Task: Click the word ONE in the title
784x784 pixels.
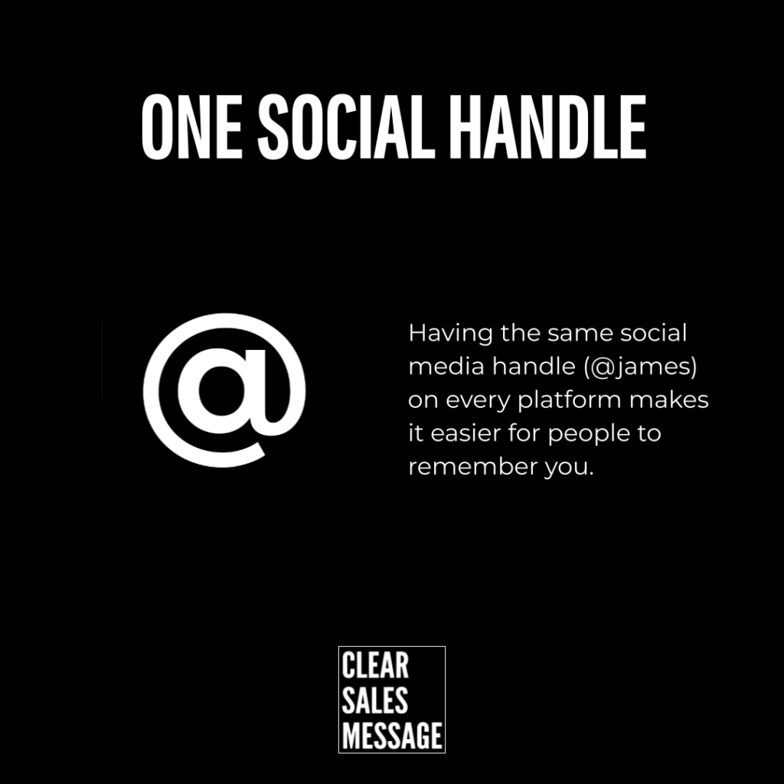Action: pyautogui.click(x=191, y=127)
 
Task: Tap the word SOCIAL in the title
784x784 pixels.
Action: pyautogui.click(x=346, y=127)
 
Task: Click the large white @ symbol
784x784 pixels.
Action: pyautogui.click(x=224, y=390)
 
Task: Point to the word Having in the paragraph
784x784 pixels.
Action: pyautogui.click(x=451, y=334)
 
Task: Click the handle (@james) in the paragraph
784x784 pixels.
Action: pyautogui.click(x=640, y=367)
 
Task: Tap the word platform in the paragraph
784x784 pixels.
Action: pyautogui.click(x=569, y=400)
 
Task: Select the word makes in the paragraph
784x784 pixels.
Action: pyautogui.click(x=669, y=400)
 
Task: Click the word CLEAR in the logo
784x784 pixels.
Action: pyautogui.click(x=375, y=665)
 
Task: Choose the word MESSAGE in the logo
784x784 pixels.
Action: pyautogui.click(x=392, y=735)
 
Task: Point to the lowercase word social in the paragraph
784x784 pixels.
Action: pyautogui.click(x=654, y=334)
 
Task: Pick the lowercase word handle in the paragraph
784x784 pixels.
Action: pyautogui.click(x=534, y=367)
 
